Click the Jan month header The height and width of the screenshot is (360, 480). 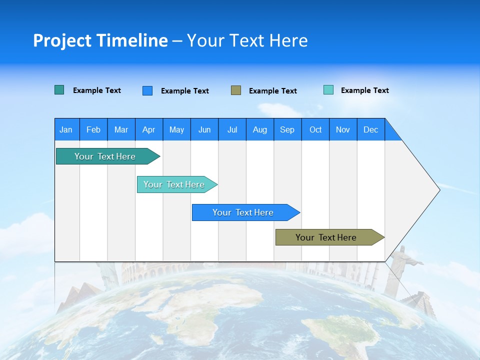coord(66,129)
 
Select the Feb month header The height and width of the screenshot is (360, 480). coord(93,129)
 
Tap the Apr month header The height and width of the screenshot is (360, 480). coord(148,129)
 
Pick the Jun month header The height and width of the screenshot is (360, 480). coord(204,129)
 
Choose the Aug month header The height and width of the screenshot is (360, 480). coord(259,129)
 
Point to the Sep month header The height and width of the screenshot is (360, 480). coord(287,129)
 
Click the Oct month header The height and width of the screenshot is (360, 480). coord(315,129)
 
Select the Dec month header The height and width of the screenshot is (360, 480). coord(370,129)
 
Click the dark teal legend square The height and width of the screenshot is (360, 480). coord(59,90)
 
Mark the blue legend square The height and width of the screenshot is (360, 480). coord(147,90)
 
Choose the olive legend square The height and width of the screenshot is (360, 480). coord(236,90)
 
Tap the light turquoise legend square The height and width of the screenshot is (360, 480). coord(328,90)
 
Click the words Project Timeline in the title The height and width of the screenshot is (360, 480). coord(100,40)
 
